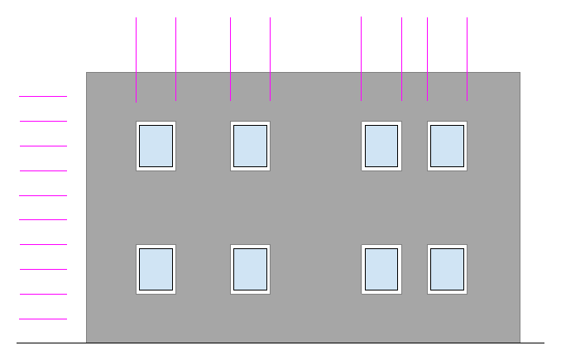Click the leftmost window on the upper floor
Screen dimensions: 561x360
pos(156,146)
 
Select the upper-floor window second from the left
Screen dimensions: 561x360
pos(250,146)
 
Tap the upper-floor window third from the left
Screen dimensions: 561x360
pos(381,146)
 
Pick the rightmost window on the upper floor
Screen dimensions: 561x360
pos(447,146)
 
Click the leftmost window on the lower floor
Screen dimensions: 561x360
pos(156,269)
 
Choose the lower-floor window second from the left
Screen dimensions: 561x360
pos(250,269)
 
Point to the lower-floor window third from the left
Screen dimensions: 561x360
pos(381,269)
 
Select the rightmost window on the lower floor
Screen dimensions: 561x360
pos(447,269)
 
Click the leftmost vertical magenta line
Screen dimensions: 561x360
pos(137,58)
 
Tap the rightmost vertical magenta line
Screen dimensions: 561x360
pos(467,58)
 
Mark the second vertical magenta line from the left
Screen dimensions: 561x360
pos(176,58)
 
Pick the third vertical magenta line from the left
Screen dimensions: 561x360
pos(231,58)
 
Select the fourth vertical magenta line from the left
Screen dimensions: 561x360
pos(271,58)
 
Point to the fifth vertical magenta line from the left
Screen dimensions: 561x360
pos(362,58)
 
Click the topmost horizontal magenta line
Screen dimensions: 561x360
pos(43,97)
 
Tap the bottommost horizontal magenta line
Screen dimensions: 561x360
pos(43,319)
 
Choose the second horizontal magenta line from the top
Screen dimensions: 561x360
pos(43,122)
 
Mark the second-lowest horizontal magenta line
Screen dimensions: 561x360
pos(43,294)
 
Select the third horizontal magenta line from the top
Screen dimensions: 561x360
pos(43,146)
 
